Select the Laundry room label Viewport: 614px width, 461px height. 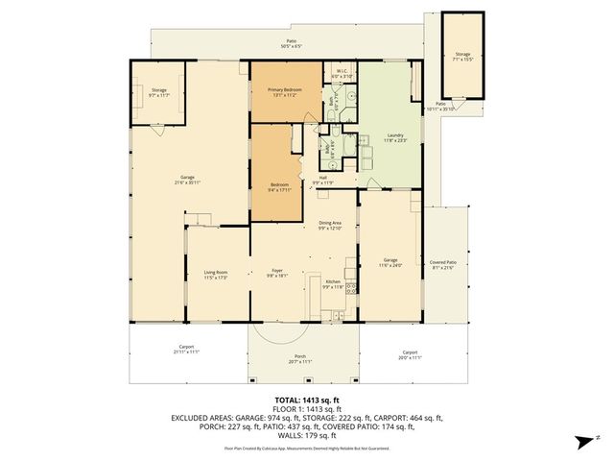tap(389, 138)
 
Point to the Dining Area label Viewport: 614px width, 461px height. tap(330, 225)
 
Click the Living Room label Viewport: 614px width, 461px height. tap(215, 275)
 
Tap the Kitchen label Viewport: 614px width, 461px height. tap(332, 284)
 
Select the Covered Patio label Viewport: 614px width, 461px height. tap(442, 264)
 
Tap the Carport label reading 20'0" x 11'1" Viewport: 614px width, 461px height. tap(410, 354)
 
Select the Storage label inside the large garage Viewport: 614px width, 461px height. tap(158, 92)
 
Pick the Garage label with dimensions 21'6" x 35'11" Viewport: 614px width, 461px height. tap(188, 179)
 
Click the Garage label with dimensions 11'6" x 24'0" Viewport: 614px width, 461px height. tap(390, 262)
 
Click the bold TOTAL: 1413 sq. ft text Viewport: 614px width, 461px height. tap(306, 399)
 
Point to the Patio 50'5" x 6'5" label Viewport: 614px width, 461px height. tap(291, 43)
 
